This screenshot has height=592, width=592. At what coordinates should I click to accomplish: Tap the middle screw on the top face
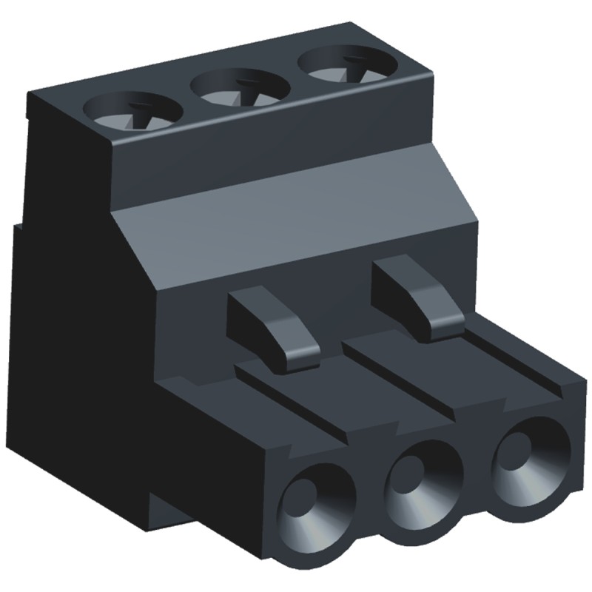[x=240, y=89]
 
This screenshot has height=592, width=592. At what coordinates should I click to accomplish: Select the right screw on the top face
[x=345, y=67]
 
